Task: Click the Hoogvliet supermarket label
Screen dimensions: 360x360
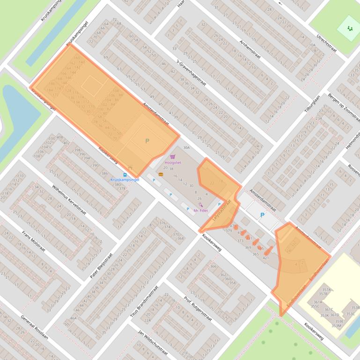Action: coord(173,163)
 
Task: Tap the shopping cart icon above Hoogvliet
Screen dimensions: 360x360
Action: coord(173,157)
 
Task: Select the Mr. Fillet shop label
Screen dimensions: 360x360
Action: coord(200,210)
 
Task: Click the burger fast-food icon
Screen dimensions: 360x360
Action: coord(161,174)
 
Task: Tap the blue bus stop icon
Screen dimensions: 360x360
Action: coord(125,174)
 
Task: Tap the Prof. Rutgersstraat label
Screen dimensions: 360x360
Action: coord(198,309)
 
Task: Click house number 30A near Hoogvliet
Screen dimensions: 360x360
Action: coord(186,147)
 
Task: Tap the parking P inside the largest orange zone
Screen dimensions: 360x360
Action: coord(147,141)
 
